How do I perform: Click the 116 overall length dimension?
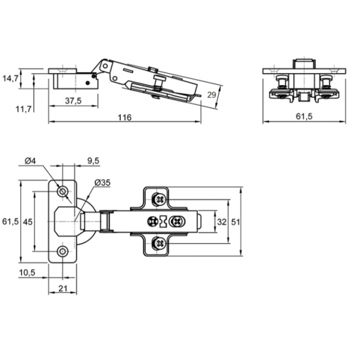124,117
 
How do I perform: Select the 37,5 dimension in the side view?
74,101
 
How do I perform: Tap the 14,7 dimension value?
11,78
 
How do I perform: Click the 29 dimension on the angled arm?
211,95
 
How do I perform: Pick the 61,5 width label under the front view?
305,117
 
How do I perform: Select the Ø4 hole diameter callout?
31,161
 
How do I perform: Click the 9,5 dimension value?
92,161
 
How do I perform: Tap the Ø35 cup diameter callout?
101,182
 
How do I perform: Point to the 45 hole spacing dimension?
28,221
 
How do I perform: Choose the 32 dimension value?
221,221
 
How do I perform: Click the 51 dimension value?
236,221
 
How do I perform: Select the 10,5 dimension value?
28,273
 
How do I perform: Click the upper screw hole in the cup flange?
62,191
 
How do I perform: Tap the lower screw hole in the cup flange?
62,251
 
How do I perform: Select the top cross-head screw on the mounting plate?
159,197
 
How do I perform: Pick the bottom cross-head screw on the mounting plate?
159,243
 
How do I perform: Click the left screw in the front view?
280,80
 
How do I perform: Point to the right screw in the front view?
326,80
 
